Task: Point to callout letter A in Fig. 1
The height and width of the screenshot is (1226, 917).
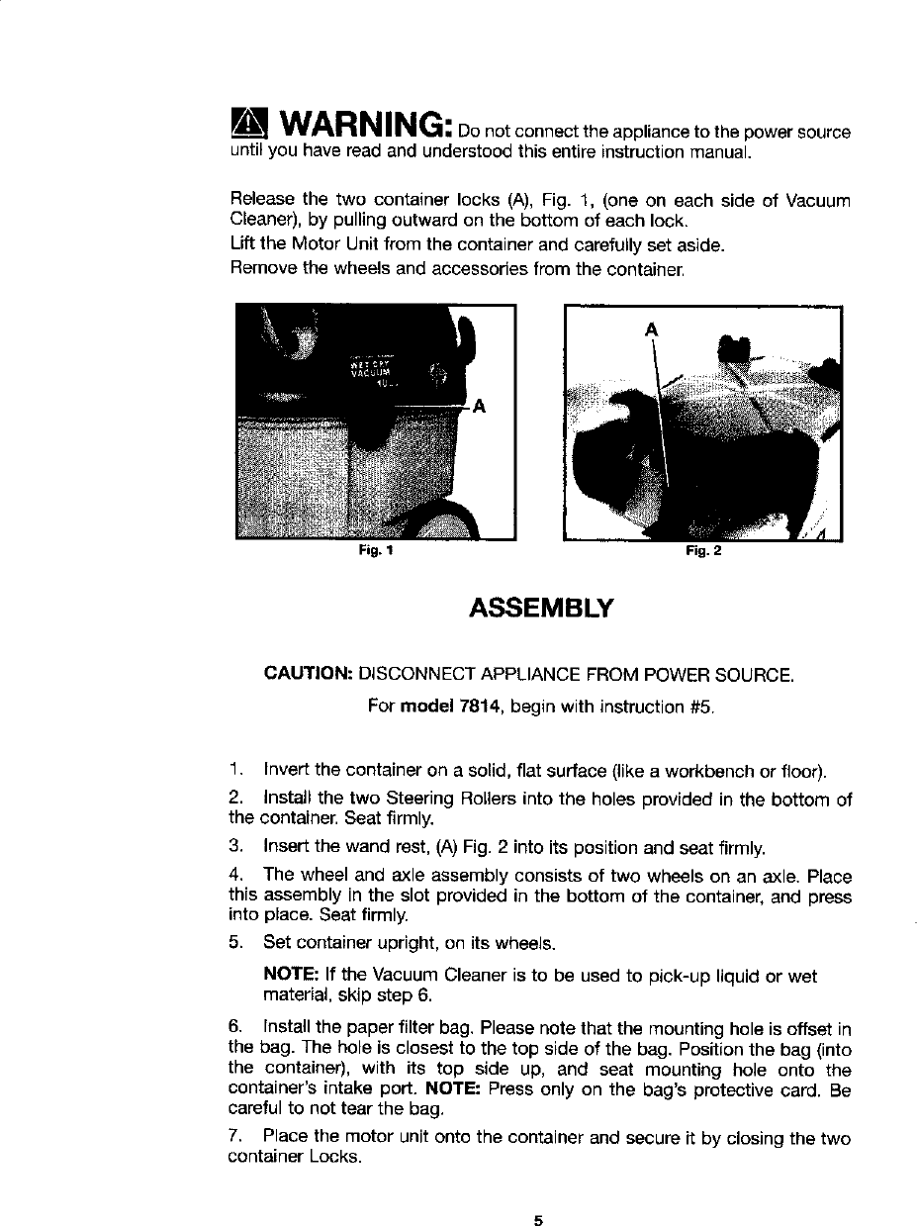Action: pyautogui.click(x=478, y=406)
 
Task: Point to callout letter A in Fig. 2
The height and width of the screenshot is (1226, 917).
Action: pyautogui.click(x=651, y=329)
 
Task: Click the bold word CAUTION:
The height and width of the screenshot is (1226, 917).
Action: pyautogui.click(x=309, y=676)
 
